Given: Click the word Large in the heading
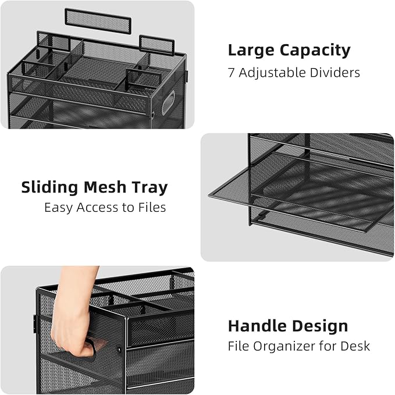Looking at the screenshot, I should (x=252, y=50).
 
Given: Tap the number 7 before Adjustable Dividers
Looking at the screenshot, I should (x=231, y=73).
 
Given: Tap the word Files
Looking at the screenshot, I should (x=152, y=207).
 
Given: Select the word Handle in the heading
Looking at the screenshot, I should (x=254, y=326).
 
